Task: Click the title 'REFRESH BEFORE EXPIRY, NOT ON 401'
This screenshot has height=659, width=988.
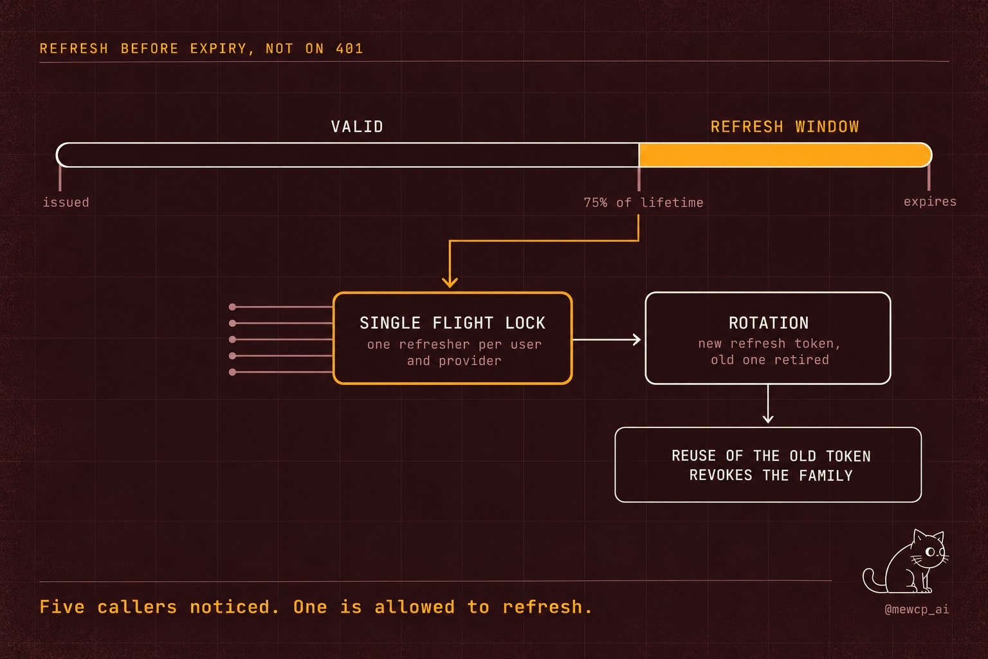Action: click(201, 48)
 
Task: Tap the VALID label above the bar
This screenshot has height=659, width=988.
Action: click(357, 127)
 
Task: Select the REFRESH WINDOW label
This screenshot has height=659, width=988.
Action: click(785, 127)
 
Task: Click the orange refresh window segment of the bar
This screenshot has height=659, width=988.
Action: click(785, 155)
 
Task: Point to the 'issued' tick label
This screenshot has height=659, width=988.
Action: click(66, 203)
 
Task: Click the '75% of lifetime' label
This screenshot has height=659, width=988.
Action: click(643, 203)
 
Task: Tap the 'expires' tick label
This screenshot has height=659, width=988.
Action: click(929, 202)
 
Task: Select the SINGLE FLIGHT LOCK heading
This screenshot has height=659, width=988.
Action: click(453, 323)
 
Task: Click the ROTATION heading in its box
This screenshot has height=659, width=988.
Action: click(769, 323)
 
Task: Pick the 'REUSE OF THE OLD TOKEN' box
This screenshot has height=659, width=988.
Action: click(768, 465)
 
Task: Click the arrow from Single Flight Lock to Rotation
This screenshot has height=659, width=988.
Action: click(607, 339)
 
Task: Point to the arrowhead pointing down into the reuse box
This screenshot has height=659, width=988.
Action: click(768, 418)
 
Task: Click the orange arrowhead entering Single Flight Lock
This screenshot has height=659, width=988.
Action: click(450, 283)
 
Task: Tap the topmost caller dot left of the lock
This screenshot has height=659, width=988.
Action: click(232, 307)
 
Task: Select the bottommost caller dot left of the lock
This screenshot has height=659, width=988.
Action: click(232, 372)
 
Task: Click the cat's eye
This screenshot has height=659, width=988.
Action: click(930, 552)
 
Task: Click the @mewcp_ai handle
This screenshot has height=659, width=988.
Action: click(917, 609)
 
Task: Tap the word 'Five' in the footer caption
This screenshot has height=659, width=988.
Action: click(62, 607)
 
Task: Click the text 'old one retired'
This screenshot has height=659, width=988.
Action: click(770, 360)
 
